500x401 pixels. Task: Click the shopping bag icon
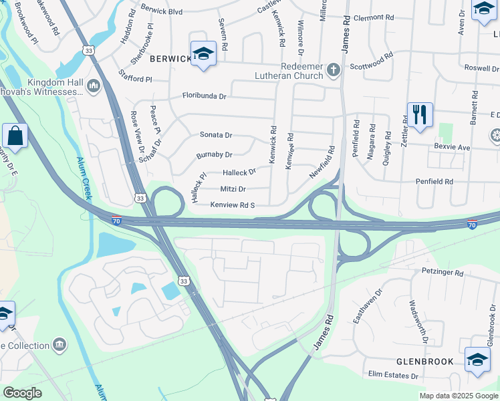pyautogui.click(x=15, y=136)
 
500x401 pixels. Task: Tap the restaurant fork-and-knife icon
pyautogui.click(x=419, y=115)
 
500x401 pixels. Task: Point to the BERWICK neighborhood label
pyautogui.click(x=170, y=59)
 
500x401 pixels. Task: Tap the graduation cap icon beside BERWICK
pyautogui.click(x=203, y=53)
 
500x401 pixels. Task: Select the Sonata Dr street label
pyautogui.click(x=216, y=134)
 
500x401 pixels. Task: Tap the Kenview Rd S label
pyautogui.click(x=233, y=205)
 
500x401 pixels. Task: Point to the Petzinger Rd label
pyautogui.click(x=443, y=273)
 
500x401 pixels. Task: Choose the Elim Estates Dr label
pyautogui.click(x=391, y=376)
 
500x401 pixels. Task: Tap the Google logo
pyautogui.click(x=22, y=393)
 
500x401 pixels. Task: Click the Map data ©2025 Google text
pyautogui.click(x=458, y=396)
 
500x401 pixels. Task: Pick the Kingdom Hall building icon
pyautogui.click(x=93, y=85)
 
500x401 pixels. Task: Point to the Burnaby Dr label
pyautogui.click(x=214, y=154)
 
